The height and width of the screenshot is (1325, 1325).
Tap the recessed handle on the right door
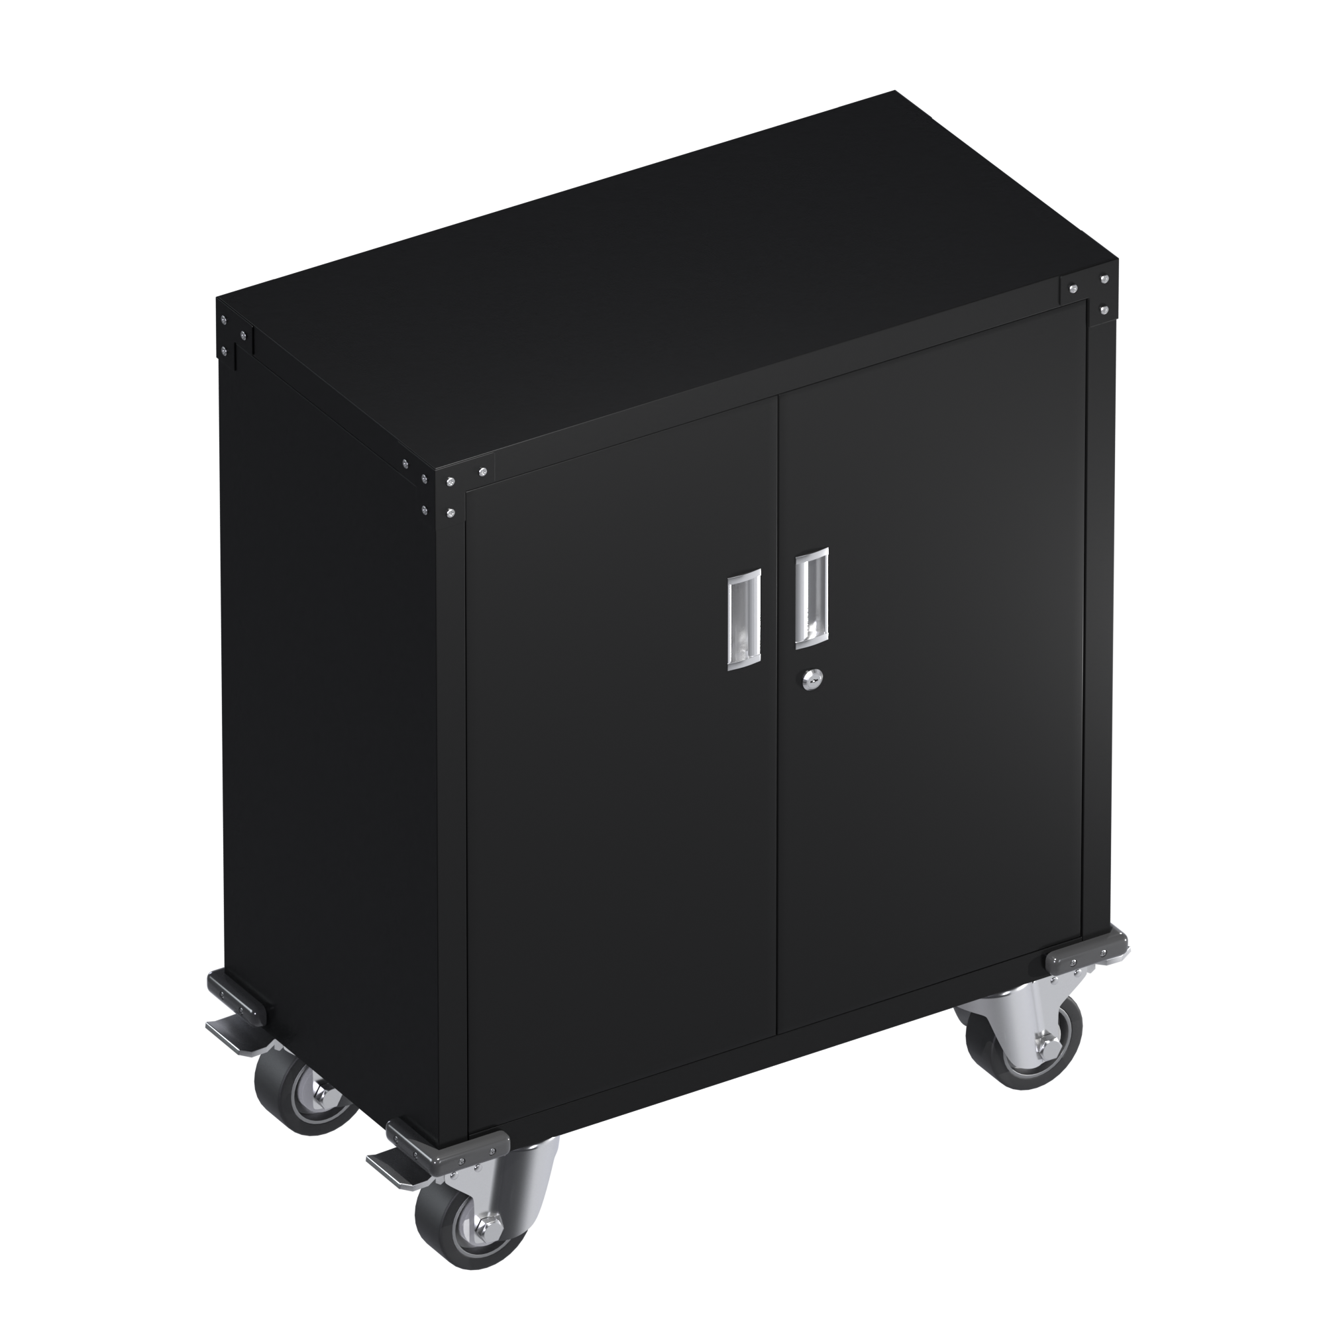pos(812,598)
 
